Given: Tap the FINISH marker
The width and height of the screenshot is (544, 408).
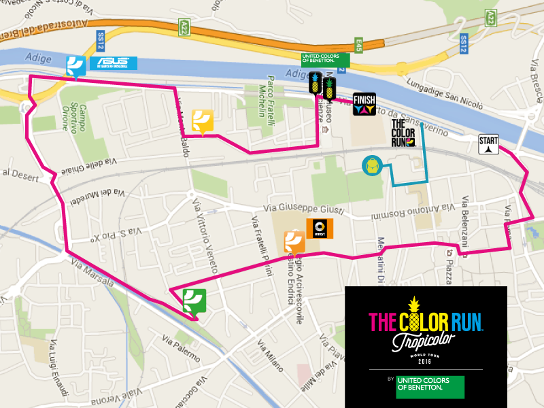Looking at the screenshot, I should pos(364,105).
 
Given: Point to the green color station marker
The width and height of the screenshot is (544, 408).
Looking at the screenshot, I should pos(194,301).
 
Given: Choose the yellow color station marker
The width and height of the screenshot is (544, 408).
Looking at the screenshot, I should pos(203,120).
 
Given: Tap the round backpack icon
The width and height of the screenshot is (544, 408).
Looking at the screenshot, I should pos(371,165).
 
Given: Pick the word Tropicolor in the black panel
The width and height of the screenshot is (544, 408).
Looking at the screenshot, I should pos(425,339).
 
